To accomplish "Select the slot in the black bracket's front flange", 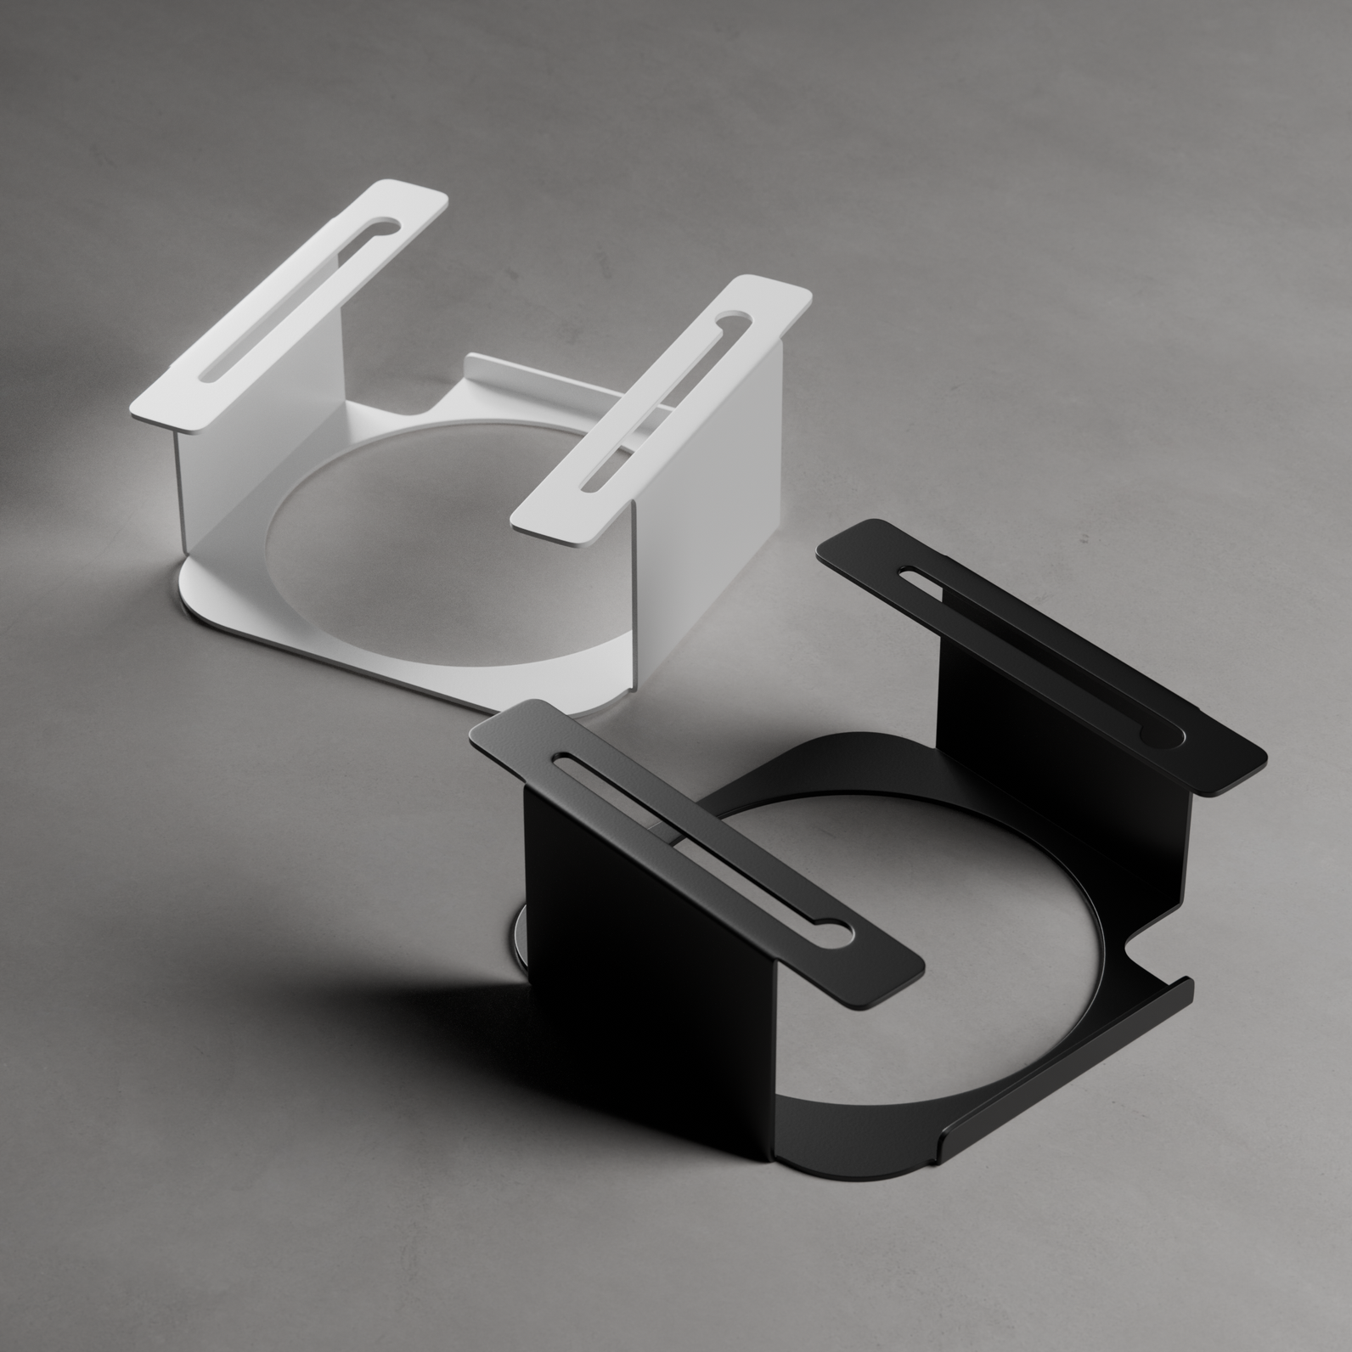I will pos(696,841).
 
